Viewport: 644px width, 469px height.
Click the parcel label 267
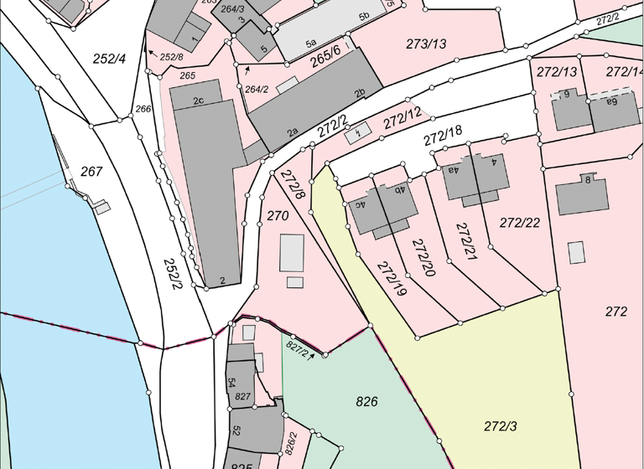[91, 173]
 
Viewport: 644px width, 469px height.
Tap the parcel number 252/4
[110, 59]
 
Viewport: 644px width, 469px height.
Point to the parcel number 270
[278, 216]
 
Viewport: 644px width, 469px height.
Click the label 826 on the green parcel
[366, 401]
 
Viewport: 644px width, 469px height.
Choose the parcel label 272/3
[501, 426]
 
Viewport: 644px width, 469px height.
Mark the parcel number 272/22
[520, 223]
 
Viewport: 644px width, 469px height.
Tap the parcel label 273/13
[426, 44]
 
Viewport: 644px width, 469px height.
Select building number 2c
[199, 101]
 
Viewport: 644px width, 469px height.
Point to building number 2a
[293, 131]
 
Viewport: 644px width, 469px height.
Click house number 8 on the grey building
[588, 179]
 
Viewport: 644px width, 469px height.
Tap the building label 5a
[310, 42]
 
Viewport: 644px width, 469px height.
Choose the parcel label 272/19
[392, 280]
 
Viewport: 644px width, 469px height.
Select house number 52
[236, 430]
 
